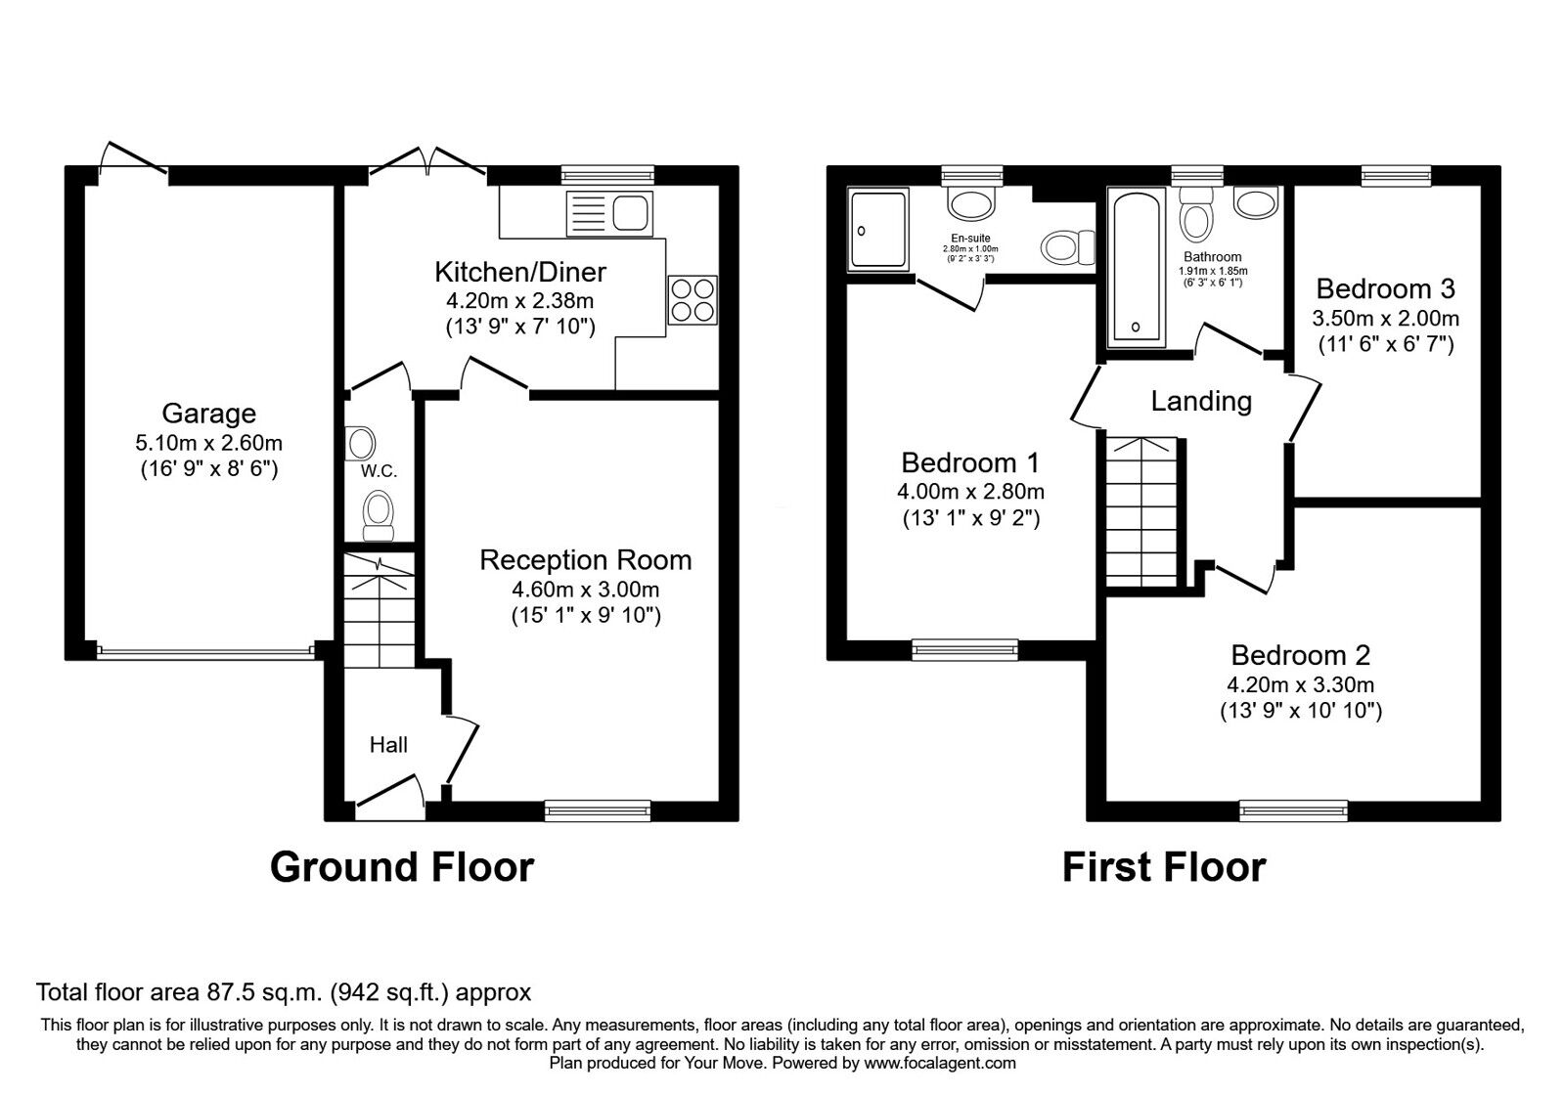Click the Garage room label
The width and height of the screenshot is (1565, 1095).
click(x=209, y=414)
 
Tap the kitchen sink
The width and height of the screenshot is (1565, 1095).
click(x=609, y=214)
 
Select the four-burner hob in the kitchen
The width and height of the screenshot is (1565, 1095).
click(x=693, y=300)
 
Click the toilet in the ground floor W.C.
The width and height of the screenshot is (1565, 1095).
click(x=379, y=515)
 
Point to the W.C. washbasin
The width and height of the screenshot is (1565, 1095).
click(x=361, y=443)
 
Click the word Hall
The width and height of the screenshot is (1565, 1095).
click(x=388, y=745)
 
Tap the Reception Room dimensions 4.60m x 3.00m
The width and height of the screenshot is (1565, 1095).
click(x=586, y=590)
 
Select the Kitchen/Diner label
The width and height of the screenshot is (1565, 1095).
click(x=520, y=272)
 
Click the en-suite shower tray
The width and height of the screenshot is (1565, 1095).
click(x=878, y=229)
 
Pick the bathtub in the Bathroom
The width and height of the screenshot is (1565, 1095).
click(x=1136, y=268)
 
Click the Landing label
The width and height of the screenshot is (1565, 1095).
click(x=1201, y=402)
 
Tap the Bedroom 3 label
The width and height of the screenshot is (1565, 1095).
click(x=1385, y=288)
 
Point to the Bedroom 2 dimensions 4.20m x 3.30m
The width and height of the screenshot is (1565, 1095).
click(x=1301, y=684)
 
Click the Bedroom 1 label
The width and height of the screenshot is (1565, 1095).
click(x=970, y=462)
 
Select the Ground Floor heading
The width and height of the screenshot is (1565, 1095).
click(x=402, y=867)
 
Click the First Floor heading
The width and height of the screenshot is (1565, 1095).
click(x=1164, y=867)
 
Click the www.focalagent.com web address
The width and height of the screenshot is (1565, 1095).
click(x=940, y=1063)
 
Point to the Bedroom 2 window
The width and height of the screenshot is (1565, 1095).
click(x=1294, y=810)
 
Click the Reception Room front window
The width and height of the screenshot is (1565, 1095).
click(x=598, y=810)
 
